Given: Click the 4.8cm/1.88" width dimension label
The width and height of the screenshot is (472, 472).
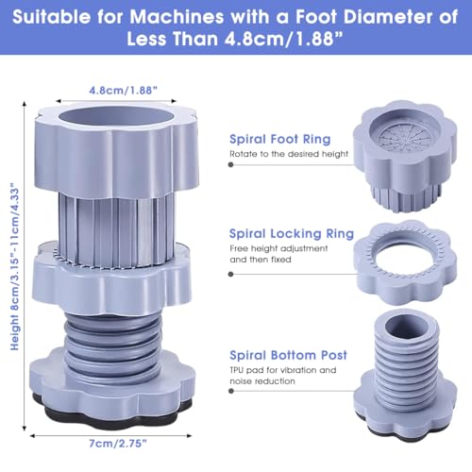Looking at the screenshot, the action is pos(123,91).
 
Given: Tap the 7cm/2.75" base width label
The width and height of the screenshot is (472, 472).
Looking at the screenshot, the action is pos(118,444).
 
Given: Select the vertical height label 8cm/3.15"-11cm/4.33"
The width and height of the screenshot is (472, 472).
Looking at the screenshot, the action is pos(15,266).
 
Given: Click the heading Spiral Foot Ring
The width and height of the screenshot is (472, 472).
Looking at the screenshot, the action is pos(280,139).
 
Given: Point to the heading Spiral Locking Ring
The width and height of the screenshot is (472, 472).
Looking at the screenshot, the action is pos(292,233).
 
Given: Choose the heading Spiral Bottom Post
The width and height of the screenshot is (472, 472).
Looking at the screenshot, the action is pos(288,355).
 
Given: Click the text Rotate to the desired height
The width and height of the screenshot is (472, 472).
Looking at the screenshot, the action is pos(289,154).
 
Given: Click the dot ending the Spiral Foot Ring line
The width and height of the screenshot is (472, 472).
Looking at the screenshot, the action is pos(231,164).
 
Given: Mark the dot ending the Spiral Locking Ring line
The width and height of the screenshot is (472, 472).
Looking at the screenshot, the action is pos(231,274).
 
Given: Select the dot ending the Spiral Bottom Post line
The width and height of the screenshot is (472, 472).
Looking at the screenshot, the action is pos(231,391).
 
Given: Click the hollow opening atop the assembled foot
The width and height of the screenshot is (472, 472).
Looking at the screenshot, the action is pos(116,116).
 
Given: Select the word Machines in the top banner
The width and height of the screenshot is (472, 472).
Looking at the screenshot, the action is pos(177,16).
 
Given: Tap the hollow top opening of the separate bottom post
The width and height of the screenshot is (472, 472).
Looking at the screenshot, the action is pos(407,327).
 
